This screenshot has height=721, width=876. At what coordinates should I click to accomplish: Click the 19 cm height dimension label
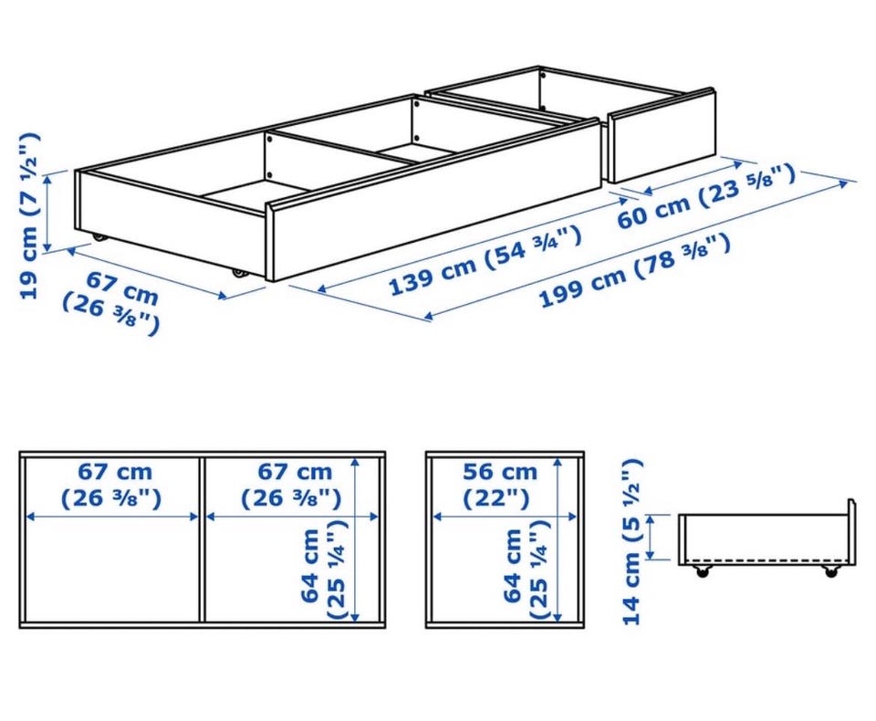pos(28,215)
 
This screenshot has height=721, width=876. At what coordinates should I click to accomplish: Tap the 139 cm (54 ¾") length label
pos(485,260)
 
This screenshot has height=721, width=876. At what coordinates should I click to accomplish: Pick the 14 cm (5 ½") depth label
pos(631,541)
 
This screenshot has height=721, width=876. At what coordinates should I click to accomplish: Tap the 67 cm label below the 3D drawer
pos(111,302)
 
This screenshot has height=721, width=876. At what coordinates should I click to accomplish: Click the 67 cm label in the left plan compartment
pos(111,485)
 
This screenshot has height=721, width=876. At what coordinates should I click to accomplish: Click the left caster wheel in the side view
pos(701,571)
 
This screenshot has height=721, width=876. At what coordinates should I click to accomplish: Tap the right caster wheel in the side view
pos(830,571)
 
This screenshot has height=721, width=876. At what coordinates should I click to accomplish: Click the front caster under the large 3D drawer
pos(240,273)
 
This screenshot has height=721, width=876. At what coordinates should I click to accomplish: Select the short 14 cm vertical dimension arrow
pos(651,537)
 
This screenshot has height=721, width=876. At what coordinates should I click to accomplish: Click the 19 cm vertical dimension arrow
pos(48,212)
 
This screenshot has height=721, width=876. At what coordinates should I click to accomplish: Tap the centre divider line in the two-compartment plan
pos(203,539)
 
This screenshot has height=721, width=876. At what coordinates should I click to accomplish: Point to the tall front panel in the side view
pos(850,532)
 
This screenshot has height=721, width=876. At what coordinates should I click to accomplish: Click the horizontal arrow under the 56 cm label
pos(505,517)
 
